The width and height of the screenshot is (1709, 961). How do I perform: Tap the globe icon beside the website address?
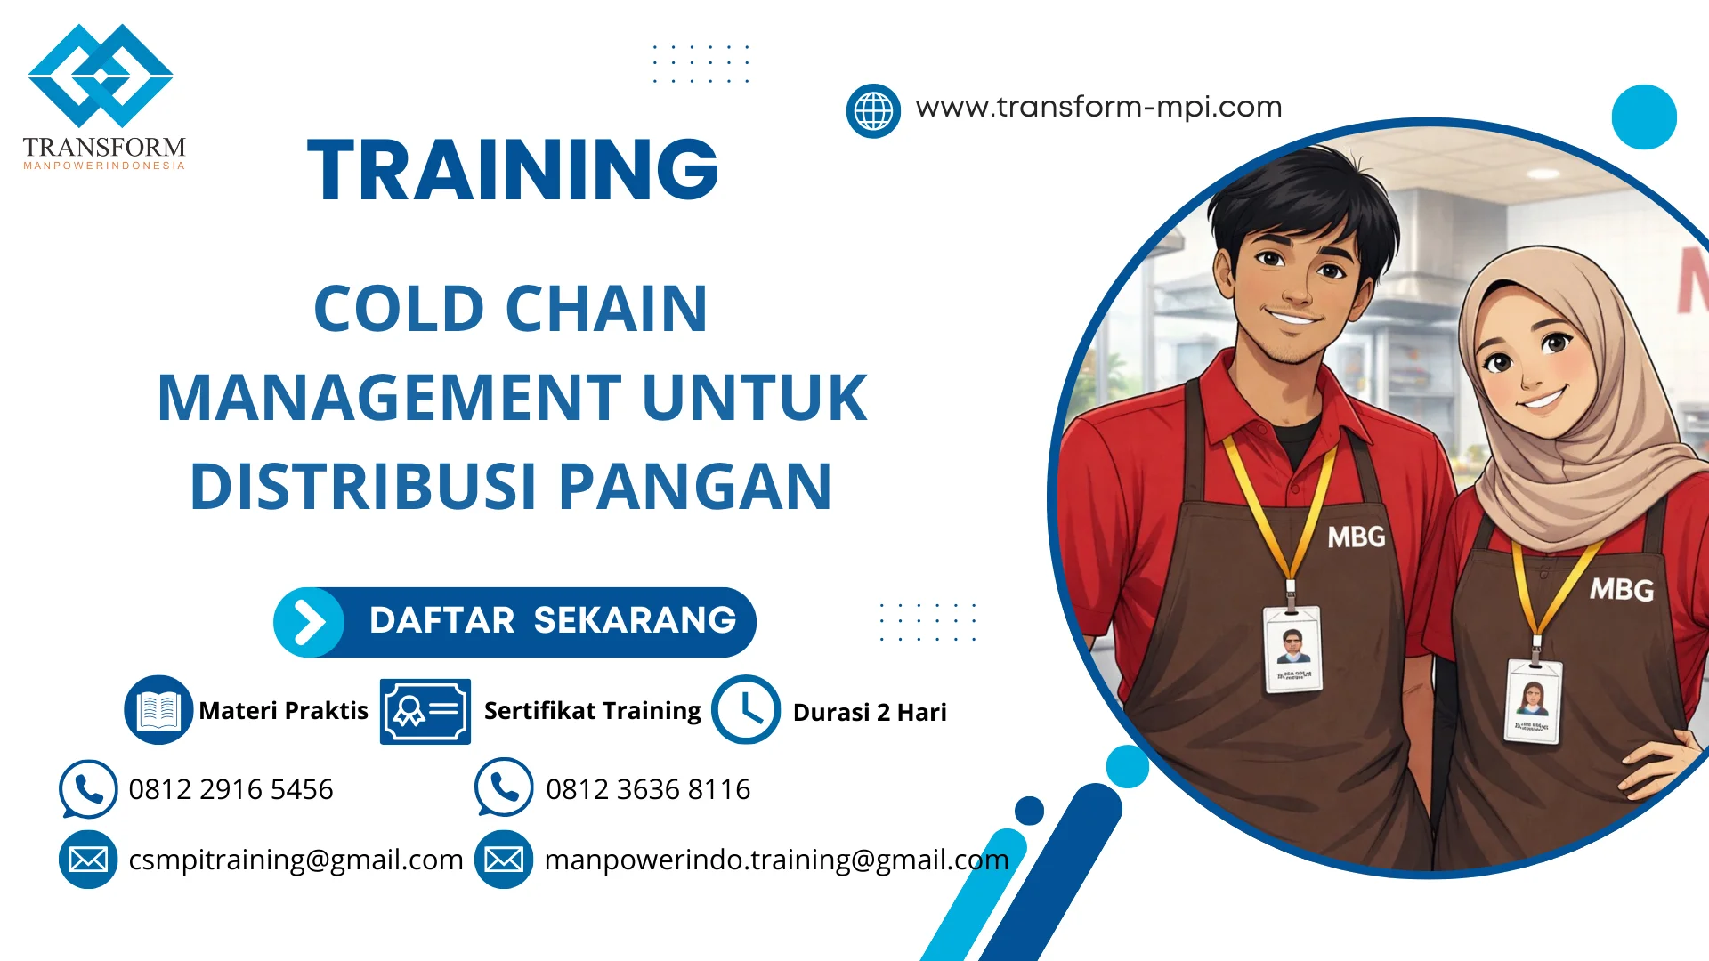coord(873,111)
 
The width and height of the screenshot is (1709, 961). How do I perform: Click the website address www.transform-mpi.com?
coord(1098,107)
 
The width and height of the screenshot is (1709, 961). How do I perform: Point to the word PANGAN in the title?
coord(695,487)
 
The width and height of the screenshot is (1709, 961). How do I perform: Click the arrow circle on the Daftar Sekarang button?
coord(309,622)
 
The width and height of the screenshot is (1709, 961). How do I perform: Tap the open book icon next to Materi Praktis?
coord(158,710)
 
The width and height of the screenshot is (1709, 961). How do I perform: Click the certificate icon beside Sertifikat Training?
coord(425,711)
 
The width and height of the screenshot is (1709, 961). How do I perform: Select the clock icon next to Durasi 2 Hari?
coord(745,710)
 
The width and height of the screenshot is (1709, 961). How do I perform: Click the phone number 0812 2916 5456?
coord(231,789)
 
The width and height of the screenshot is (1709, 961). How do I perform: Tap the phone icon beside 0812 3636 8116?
coord(504,787)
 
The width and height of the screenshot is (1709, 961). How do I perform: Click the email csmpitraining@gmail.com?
coord(296,860)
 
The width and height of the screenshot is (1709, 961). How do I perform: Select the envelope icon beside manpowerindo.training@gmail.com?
coord(504,860)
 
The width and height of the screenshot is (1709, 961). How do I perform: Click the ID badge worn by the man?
coord(1292,649)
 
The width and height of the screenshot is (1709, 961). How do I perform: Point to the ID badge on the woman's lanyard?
coord(1533,701)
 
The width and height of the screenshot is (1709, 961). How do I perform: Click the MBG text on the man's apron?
coord(1356,537)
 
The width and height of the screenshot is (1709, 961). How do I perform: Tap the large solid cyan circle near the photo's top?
coord(1643,117)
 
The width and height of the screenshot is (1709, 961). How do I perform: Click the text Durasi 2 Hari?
coord(869,712)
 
